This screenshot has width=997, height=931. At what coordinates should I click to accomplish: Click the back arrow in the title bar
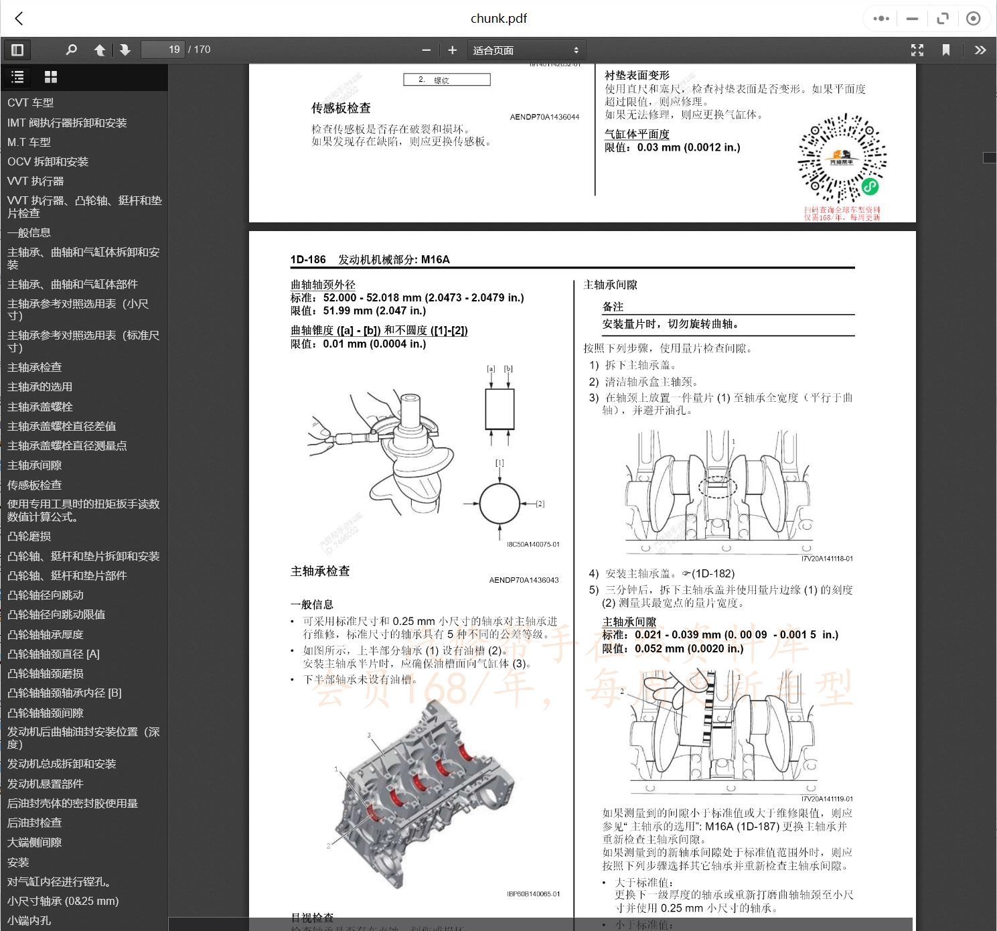(19, 19)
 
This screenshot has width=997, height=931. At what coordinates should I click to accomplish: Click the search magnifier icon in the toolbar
(71, 50)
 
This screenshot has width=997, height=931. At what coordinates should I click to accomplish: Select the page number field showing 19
(163, 50)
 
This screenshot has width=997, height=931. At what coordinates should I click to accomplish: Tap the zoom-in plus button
(453, 50)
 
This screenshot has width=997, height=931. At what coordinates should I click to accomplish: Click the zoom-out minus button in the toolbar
(427, 50)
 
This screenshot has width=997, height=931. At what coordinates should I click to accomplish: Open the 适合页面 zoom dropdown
(526, 50)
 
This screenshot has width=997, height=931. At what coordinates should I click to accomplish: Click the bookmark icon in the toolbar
(946, 50)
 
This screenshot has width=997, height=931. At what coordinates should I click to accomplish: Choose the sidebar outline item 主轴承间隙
(35, 465)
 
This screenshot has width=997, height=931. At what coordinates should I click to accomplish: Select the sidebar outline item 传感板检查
(35, 485)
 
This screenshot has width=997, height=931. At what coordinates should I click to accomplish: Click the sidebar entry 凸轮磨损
(29, 536)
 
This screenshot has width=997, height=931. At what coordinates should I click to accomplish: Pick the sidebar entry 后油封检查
(35, 823)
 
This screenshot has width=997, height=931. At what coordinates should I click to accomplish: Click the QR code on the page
(842, 159)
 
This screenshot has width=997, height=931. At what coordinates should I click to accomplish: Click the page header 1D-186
(308, 259)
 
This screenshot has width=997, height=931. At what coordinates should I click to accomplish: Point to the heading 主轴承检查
(320, 571)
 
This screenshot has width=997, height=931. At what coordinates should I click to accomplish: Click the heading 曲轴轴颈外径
(323, 285)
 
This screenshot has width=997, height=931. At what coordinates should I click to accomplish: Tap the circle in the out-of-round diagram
(500, 504)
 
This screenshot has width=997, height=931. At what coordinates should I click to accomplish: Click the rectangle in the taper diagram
(500, 409)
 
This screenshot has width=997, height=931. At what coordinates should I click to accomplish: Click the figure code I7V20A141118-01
(827, 559)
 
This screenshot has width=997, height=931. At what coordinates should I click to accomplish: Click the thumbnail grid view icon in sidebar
(50, 77)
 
